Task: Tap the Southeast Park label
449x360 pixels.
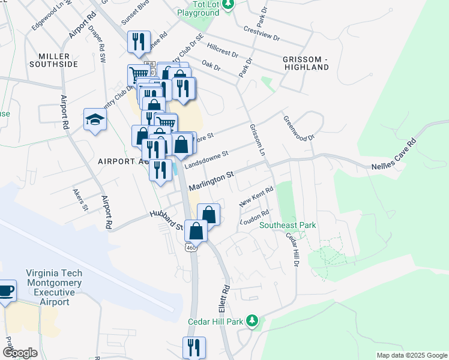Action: pos(288,226)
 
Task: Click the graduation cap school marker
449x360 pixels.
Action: pos(95,120)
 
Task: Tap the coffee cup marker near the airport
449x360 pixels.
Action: pos(6,292)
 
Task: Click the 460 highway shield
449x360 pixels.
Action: pos(191,247)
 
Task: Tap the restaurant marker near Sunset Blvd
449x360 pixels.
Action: pos(139,41)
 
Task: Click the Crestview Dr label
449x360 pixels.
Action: pos(262,32)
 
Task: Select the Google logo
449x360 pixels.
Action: pos(20,353)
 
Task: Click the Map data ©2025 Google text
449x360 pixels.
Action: pos(411,355)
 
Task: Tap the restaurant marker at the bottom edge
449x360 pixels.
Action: pos(194,347)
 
